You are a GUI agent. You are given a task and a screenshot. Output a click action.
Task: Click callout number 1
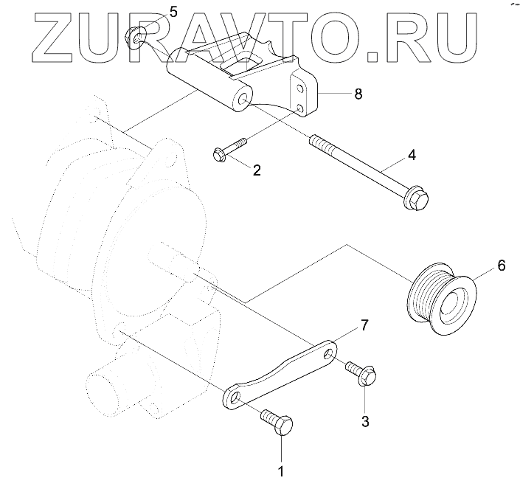pyautogui.click(x=280, y=469)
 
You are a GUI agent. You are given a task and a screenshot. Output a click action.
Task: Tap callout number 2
pyautogui.click(x=257, y=170)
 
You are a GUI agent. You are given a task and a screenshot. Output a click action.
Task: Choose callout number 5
pyautogui.click(x=173, y=12)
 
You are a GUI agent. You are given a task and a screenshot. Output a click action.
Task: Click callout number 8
pyautogui.click(x=358, y=94)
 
